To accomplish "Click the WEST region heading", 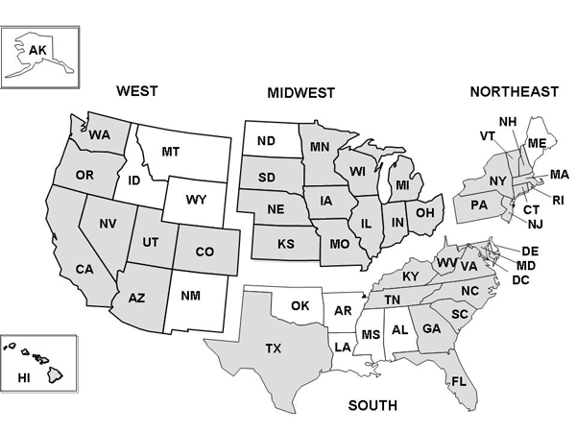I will coord(136,91).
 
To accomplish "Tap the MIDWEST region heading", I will coord(300,93).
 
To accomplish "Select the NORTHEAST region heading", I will coord(514,91).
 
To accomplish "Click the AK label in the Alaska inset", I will coord(37,49).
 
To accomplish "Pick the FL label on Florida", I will coord(459,381).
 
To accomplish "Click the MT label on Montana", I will coord(171,151).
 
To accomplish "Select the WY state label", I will coord(196,201).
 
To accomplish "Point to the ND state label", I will coord(266,141).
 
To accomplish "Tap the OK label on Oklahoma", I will coord(300,307).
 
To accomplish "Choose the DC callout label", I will coord(521,279).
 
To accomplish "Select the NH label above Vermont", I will coord(508,121).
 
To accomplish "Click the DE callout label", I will coord(530,251).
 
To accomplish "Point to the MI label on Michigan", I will coord(403,184).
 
